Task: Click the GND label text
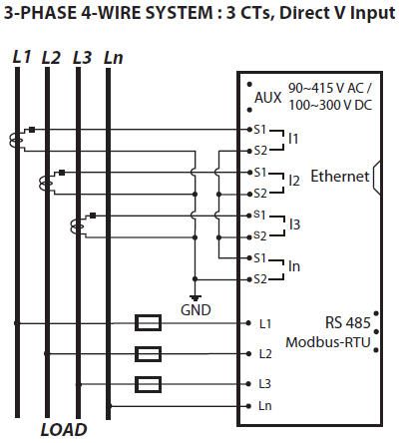[x=196, y=310]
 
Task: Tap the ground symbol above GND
[x=196, y=297]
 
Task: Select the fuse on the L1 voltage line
[x=149, y=322]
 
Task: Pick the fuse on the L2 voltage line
[x=149, y=354]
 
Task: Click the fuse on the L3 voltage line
[x=149, y=384]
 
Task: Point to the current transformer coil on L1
[x=16, y=140]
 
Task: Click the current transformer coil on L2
[x=46, y=183]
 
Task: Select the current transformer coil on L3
[x=77, y=226]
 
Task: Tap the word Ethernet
[x=340, y=177]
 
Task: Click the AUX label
[x=268, y=98]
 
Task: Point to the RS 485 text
[x=347, y=322]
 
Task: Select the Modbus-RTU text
[x=328, y=342]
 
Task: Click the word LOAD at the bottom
[x=64, y=430]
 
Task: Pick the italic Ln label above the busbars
[x=114, y=58]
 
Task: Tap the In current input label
[x=294, y=266]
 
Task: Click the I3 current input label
[x=294, y=224]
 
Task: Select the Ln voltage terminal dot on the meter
[x=248, y=406]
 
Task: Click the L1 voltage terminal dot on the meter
[x=248, y=323]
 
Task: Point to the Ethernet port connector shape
[x=377, y=177]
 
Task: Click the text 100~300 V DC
[x=330, y=105]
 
